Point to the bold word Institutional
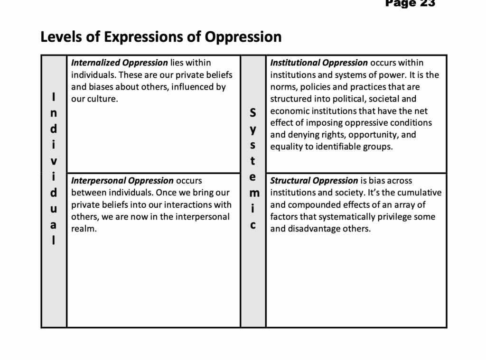pos(295,63)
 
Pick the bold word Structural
pos(290,181)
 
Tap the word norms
pos(283,87)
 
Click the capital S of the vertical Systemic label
pos(252,113)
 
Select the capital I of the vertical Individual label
pos(54,97)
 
